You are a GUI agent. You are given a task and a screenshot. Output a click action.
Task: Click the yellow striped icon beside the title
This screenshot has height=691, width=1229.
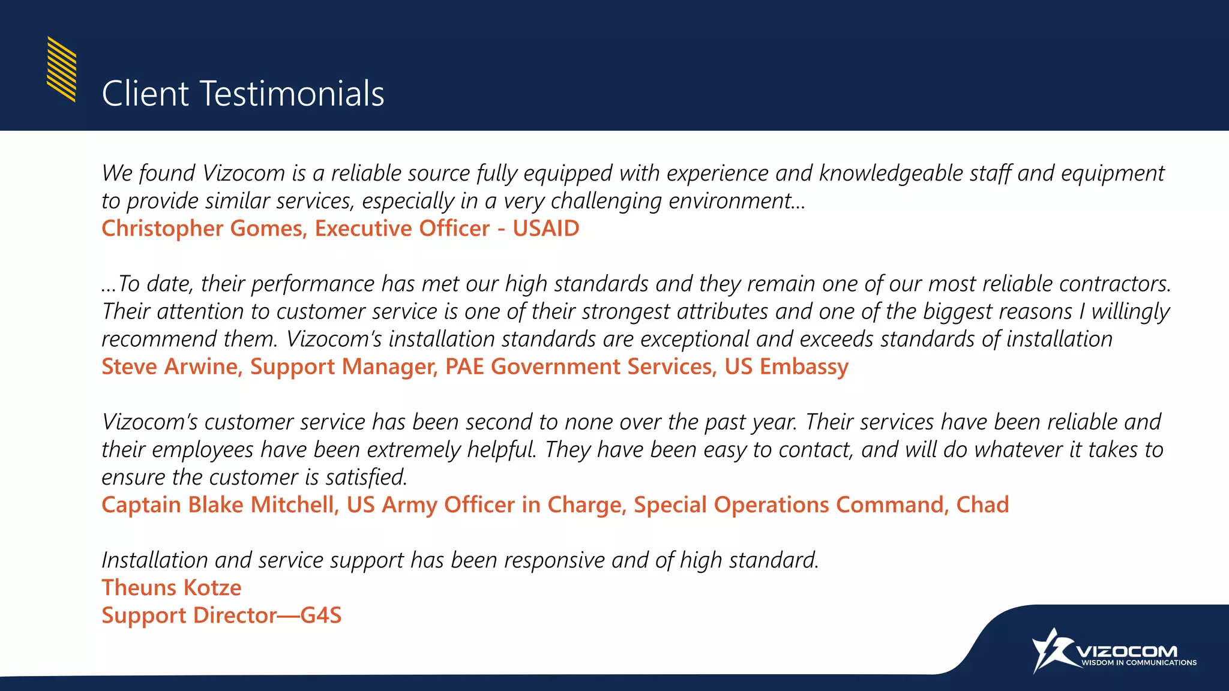click(61, 69)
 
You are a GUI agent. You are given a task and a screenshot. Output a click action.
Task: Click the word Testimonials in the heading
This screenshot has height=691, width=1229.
click(292, 94)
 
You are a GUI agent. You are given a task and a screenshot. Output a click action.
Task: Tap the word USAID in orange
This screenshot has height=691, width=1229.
click(545, 229)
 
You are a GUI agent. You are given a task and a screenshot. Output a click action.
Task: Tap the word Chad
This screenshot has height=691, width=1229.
click(982, 505)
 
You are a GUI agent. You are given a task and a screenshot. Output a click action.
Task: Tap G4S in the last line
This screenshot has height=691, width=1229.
click(320, 615)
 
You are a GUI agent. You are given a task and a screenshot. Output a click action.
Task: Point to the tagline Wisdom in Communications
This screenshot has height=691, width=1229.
click(1138, 663)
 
